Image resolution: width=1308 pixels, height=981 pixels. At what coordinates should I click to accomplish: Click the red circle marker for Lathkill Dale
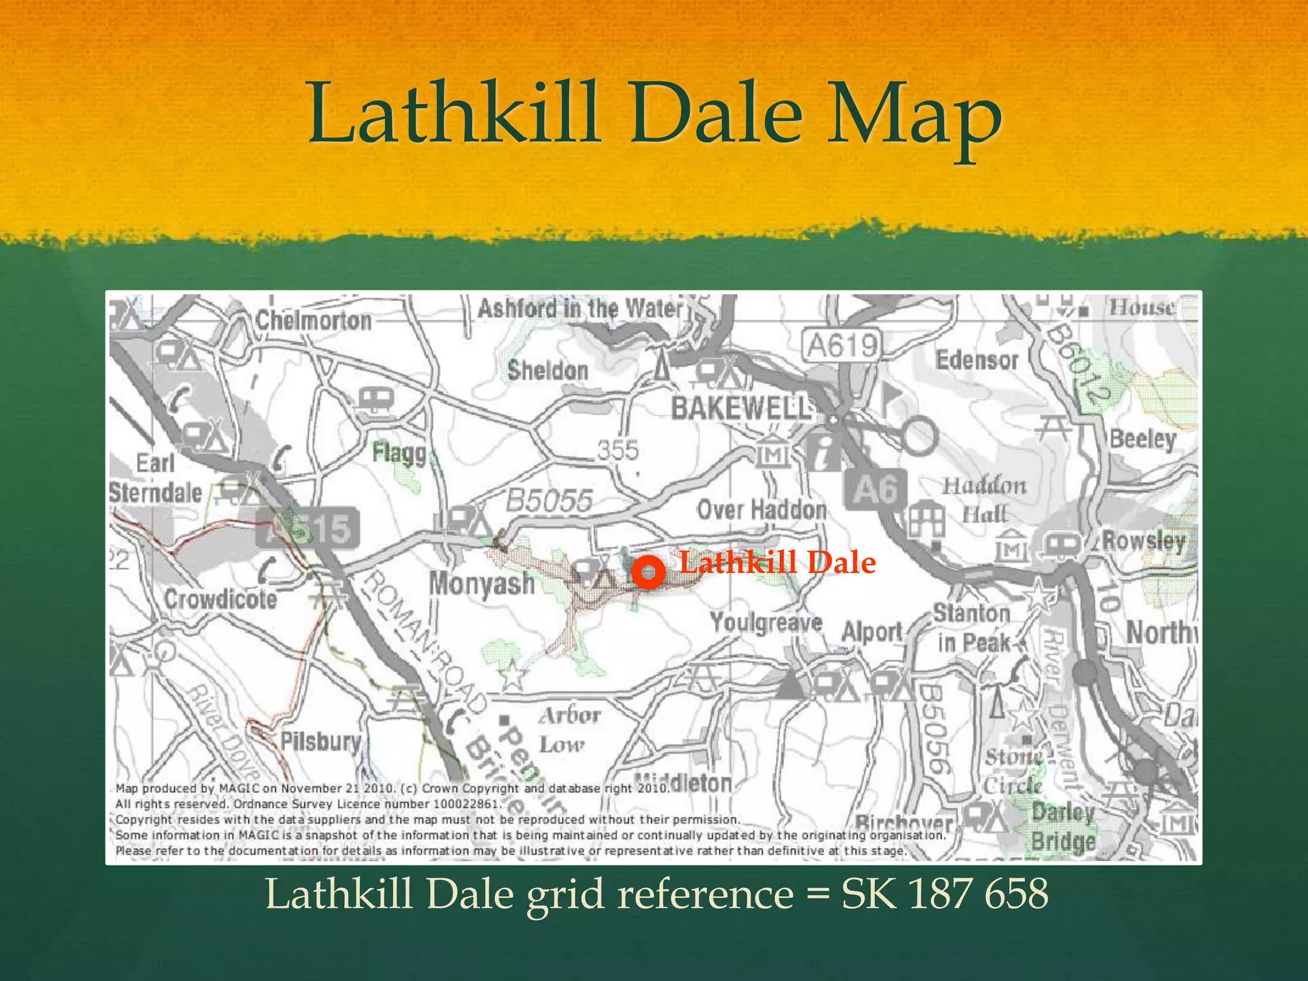pyautogui.click(x=648, y=572)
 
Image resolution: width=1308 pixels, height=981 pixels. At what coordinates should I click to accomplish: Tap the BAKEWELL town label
pyautogui.click(x=740, y=407)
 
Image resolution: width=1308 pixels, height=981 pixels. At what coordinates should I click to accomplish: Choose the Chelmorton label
pyautogui.click(x=313, y=321)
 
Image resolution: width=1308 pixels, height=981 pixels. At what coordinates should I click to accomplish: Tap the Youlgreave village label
pyautogui.click(x=766, y=622)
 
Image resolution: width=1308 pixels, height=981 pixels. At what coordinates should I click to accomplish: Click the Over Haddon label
pyautogui.click(x=761, y=510)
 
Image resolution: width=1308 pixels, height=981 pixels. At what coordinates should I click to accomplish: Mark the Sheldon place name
pyautogui.click(x=547, y=370)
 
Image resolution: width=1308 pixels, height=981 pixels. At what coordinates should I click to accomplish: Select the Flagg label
pyautogui.click(x=399, y=453)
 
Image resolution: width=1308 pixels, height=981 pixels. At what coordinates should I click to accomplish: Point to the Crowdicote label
pyautogui.click(x=220, y=599)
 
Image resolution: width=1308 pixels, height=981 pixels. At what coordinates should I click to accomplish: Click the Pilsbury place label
pyautogui.click(x=321, y=741)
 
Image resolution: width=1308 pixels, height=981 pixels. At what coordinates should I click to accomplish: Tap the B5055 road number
pyautogui.click(x=549, y=501)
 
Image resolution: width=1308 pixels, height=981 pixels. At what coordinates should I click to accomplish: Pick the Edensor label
pyautogui.click(x=977, y=360)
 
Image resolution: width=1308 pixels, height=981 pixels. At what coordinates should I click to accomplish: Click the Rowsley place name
pyautogui.click(x=1143, y=541)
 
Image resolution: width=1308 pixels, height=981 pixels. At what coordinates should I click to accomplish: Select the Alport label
pyautogui.click(x=872, y=632)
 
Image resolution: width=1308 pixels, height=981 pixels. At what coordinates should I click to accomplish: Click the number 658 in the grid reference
pyautogui.click(x=1016, y=894)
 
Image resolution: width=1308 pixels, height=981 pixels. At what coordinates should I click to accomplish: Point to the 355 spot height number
pyautogui.click(x=618, y=450)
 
